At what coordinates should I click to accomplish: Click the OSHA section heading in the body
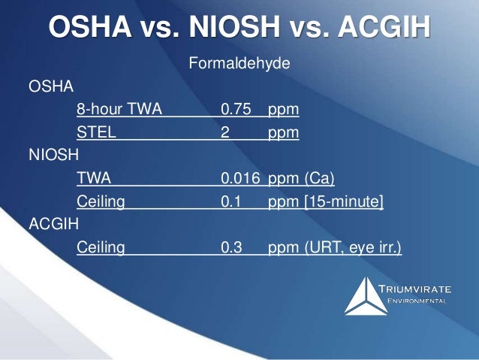point(50,87)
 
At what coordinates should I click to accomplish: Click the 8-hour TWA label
point(119,110)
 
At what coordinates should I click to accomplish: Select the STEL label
point(95,133)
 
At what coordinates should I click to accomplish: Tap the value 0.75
point(236,110)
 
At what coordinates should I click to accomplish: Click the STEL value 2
point(225,133)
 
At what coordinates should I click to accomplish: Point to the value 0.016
point(240,178)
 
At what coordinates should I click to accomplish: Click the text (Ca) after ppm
point(319,178)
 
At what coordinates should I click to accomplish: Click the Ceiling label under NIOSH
point(101,201)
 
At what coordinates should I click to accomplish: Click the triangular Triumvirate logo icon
point(366,295)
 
